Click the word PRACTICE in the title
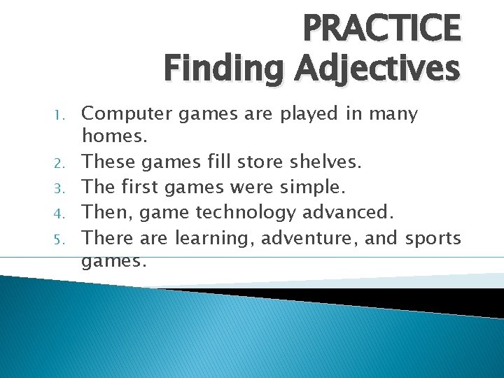click(x=381, y=29)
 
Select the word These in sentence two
click(x=108, y=163)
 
